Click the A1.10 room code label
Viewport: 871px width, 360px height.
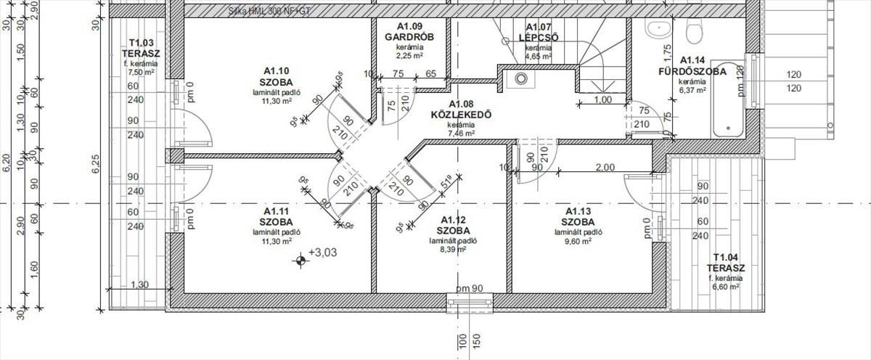click(276, 70)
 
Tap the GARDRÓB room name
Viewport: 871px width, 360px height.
click(409, 36)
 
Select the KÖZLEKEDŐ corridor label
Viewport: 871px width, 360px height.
click(461, 115)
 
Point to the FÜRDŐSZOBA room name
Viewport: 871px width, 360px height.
click(692, 71)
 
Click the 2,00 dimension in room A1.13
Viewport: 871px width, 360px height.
click(604, 167)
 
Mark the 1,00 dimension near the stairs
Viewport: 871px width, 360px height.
click(602, 100)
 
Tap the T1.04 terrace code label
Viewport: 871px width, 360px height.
click(725, 258)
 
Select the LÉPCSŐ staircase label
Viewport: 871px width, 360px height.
click(538, 38)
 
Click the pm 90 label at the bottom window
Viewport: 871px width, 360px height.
click(470, 289)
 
